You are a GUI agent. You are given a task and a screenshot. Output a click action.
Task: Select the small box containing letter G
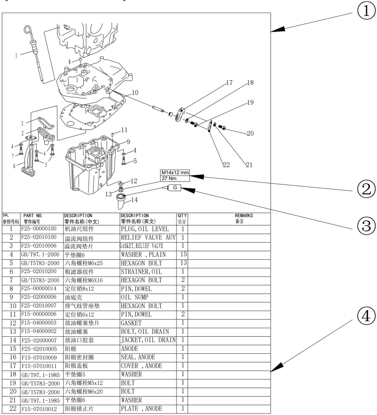(x=175, y=188)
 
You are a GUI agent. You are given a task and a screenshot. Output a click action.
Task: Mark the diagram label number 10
(x=135, y=92)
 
